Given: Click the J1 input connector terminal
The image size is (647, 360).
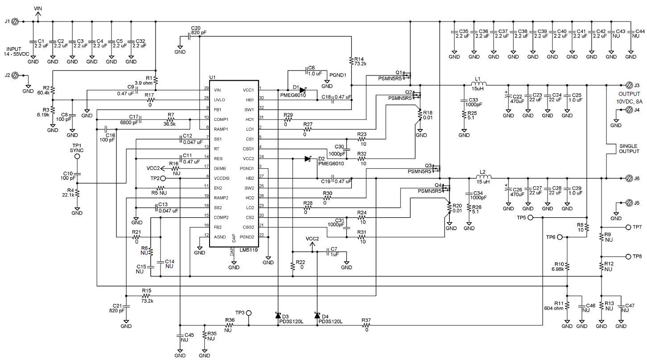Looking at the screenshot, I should pos(14,21).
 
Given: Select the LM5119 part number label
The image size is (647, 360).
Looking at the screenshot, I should pos(247,251).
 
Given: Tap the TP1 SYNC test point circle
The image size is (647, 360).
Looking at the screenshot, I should pos(77,157).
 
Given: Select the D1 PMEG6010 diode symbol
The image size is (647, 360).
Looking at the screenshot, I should pos(303,90).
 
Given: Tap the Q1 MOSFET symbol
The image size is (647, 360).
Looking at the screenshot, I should pos(407,75).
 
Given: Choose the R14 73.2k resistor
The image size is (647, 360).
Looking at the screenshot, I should pos(352,60).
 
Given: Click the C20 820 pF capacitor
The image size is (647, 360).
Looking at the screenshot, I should pos(189,37).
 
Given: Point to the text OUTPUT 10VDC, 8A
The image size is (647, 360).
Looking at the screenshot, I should pos(629,98).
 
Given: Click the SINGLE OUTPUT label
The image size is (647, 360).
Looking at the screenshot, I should pos(629,149).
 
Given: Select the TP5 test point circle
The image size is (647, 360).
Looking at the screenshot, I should pos(542,218).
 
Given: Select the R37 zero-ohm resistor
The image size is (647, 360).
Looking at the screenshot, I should pos(366,325).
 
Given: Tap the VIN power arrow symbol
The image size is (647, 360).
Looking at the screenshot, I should pos(38,15).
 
